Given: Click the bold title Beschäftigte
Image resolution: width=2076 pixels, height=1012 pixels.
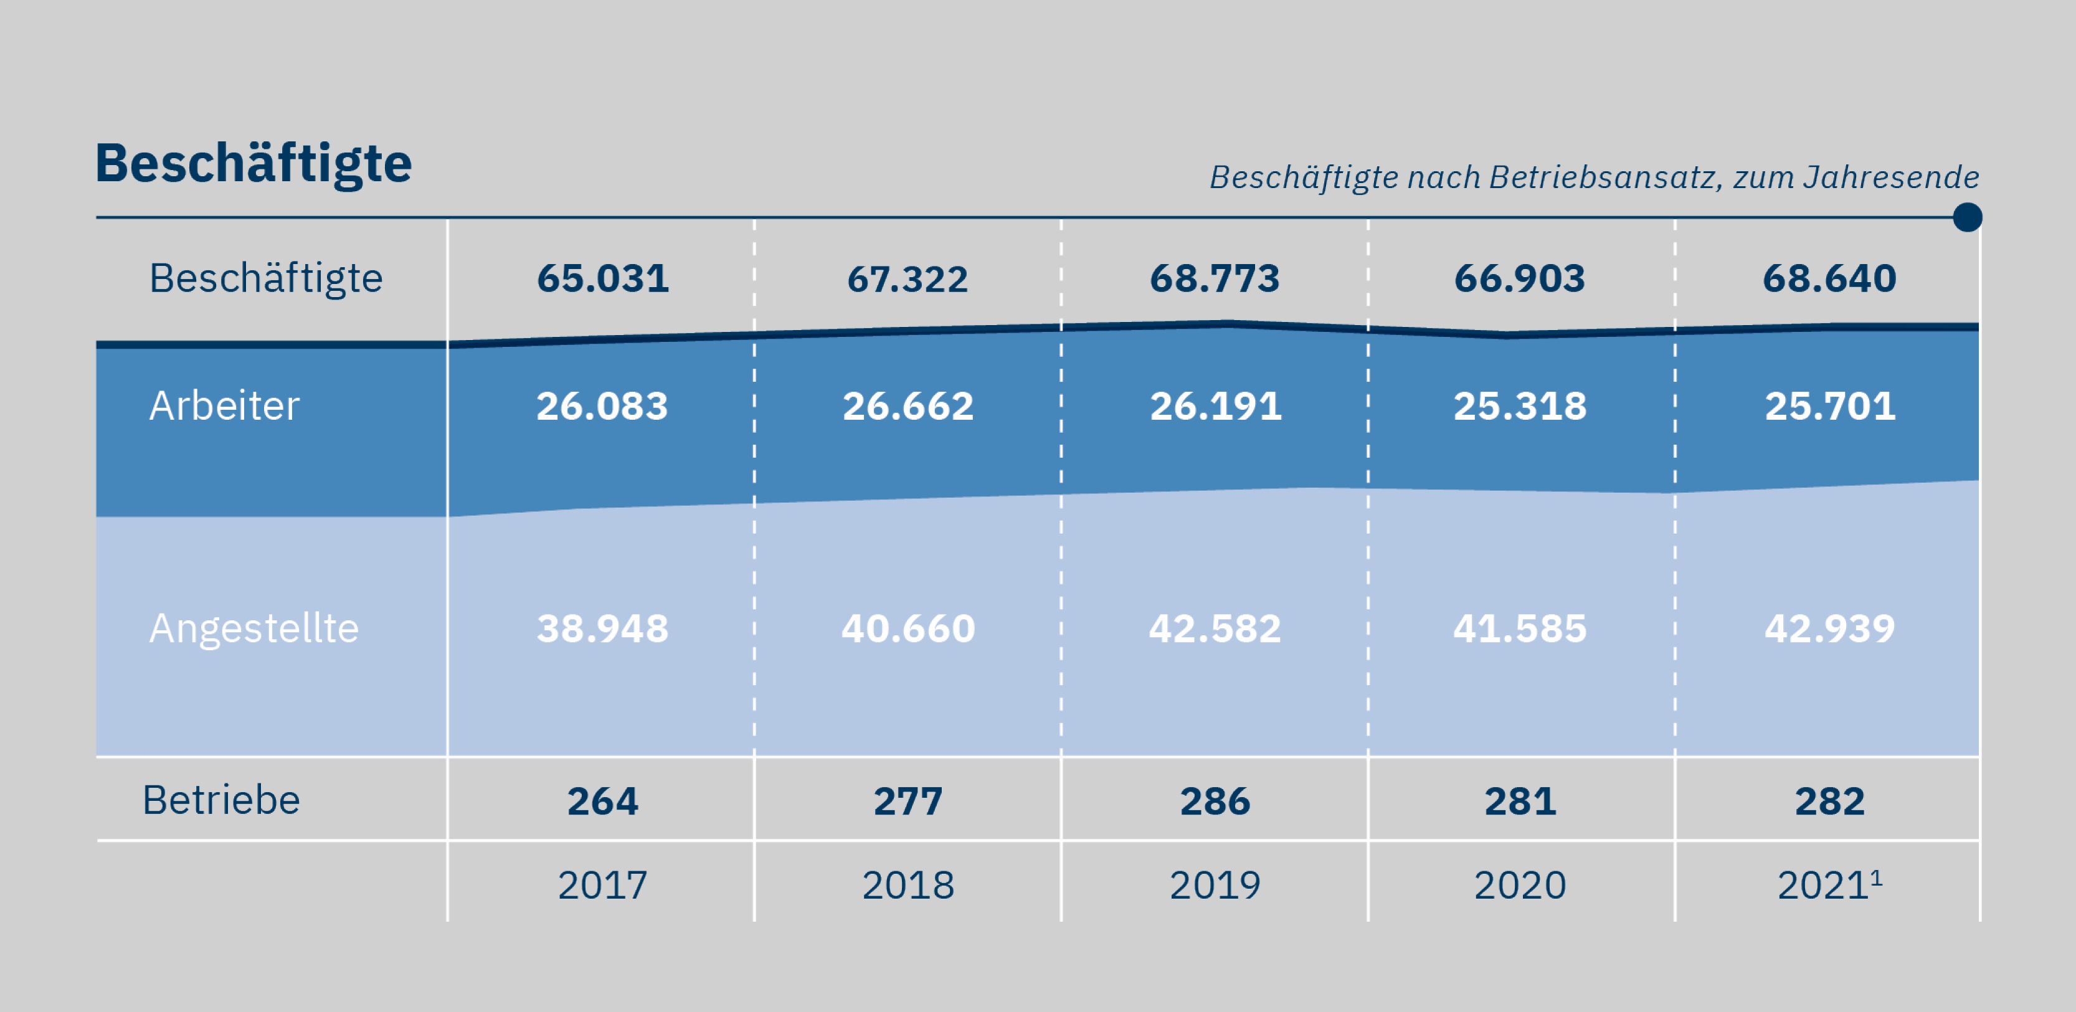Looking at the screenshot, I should (x=253, y=164).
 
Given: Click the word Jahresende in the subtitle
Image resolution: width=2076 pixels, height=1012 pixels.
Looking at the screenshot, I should (x=1890, y=177).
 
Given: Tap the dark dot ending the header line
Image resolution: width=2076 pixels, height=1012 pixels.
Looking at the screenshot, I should (x=1967, y=217).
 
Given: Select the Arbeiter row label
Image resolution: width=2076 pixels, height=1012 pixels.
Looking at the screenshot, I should (x=224, y=405).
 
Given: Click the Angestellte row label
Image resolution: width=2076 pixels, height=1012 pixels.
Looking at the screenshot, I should (x=254, y=628).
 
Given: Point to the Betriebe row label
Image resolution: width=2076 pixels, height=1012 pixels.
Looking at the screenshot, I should (x=222, y=800).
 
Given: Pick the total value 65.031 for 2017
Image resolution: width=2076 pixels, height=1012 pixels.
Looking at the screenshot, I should (x=603, y=279).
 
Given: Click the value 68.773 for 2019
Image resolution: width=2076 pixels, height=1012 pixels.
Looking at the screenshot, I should (x=1215, y=279).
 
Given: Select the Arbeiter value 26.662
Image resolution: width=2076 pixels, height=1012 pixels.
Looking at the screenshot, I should (x=908, y=406).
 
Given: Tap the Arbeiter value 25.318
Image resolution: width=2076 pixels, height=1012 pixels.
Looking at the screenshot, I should (x=1520, y=406).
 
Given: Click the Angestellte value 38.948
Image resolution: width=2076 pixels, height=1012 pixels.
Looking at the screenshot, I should (x=603, y=628).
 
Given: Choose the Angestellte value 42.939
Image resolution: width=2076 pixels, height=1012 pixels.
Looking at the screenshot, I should (x=1829, y=628).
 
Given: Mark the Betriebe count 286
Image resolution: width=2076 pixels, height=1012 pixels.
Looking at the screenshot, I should (x=1215, y=802).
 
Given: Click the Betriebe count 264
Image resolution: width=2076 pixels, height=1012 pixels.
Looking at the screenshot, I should (x=603, y=802).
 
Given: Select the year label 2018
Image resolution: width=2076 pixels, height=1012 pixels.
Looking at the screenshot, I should (x=908, y=886).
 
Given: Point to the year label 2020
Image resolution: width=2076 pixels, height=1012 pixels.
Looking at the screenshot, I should (x=1520, y=886).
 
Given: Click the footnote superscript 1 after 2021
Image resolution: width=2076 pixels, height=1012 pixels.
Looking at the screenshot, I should (x=1876, y=877).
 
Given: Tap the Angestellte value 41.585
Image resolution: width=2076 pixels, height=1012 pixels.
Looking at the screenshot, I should (x=1520, y=628).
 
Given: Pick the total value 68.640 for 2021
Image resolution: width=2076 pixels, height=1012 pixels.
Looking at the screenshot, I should (x=1829, y=279).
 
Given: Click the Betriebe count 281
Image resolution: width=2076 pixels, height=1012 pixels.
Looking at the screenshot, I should (x=1520, y=802).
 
